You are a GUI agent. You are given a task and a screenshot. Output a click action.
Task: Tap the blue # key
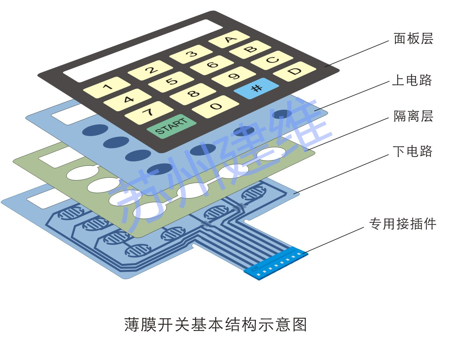point(256,88)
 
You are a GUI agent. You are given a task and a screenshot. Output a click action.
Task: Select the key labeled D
point(294,72)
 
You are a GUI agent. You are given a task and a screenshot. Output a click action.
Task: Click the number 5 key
point(171,82)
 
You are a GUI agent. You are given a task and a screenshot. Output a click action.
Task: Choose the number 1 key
point(107,87)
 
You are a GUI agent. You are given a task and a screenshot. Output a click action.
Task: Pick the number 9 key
point(234,77)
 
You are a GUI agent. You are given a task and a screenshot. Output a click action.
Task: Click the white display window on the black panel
point(143,51)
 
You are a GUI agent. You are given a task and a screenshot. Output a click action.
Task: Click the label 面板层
point(413,39)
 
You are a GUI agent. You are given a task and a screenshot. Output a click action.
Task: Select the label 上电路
point(412,80)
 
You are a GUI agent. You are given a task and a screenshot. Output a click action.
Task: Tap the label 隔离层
point(413,116)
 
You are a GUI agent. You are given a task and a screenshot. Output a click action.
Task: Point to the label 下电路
point(412,151)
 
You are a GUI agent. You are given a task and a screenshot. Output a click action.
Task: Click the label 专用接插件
point(403,224)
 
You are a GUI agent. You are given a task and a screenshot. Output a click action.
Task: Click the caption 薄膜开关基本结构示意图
point(216,325)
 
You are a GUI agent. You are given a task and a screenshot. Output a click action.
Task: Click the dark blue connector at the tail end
point(276,263)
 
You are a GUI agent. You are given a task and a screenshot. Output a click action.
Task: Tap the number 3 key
point(191,54)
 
